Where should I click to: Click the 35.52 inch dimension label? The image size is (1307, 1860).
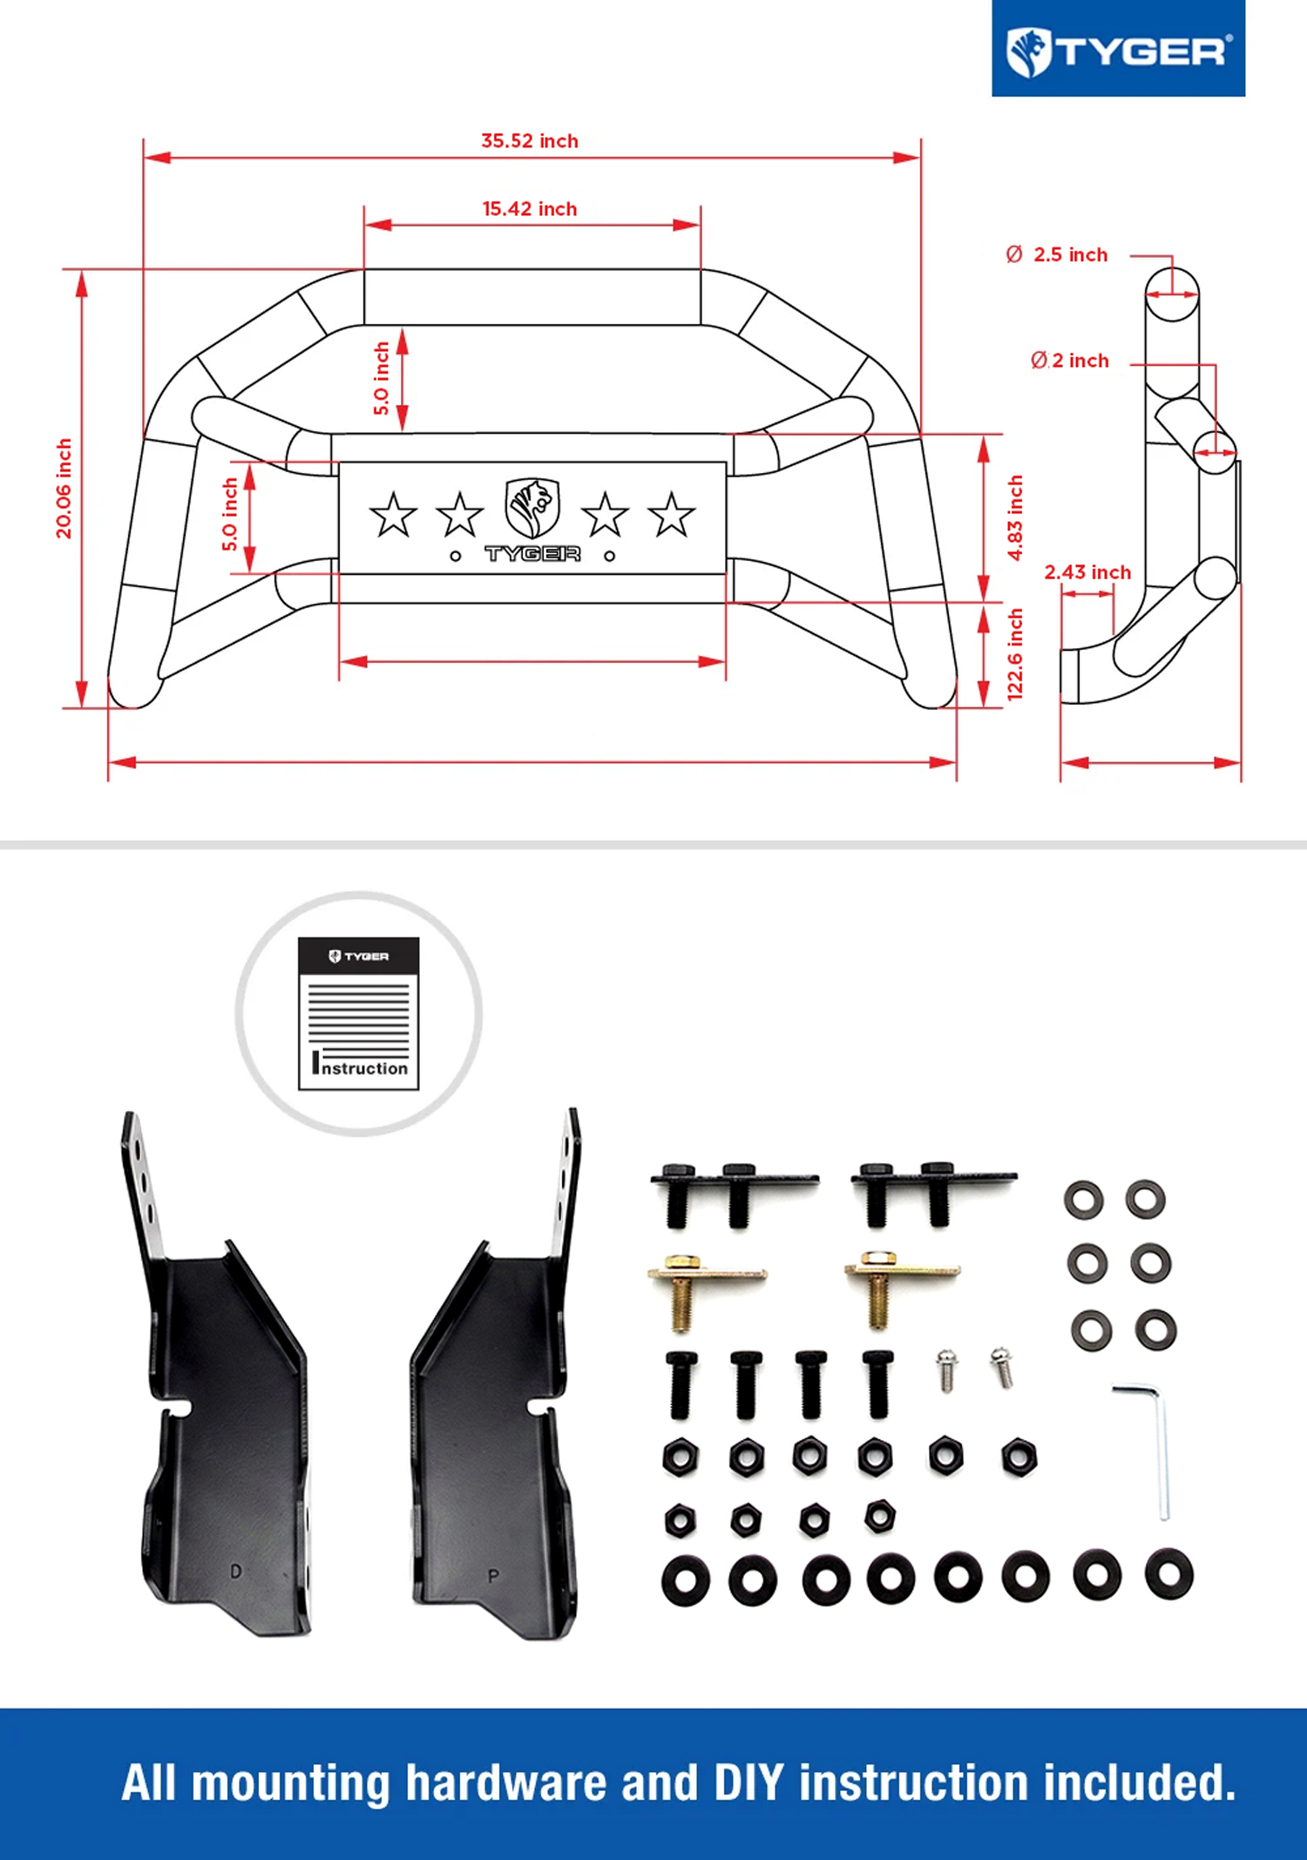(x=530, y=141)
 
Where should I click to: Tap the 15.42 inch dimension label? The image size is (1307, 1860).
(x=530, y=209)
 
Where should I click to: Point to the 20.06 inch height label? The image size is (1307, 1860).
(x=64, y=489)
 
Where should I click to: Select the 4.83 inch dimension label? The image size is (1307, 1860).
(x=1015, y=517)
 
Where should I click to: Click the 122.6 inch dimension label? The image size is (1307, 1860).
(x=1015, y=654)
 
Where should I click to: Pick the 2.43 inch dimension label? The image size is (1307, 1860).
(x=1087, y=572)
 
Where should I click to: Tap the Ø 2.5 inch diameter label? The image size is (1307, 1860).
(x=1057, y=254)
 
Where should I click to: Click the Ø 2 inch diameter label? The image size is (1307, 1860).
(x=1070, y=361)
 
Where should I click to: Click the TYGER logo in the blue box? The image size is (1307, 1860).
(x=1119, y=50)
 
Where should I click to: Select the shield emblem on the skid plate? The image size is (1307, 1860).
(x=532, y=507)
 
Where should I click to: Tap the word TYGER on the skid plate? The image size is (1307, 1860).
(x=532, y=554)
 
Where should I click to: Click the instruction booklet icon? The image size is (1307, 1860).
(x=358, y=1013)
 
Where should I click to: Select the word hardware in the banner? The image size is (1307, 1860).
(x=505, y=1783)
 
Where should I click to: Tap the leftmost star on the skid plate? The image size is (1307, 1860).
(x=393, y=514)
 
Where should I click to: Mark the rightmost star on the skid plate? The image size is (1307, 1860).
(x=672, y=514)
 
